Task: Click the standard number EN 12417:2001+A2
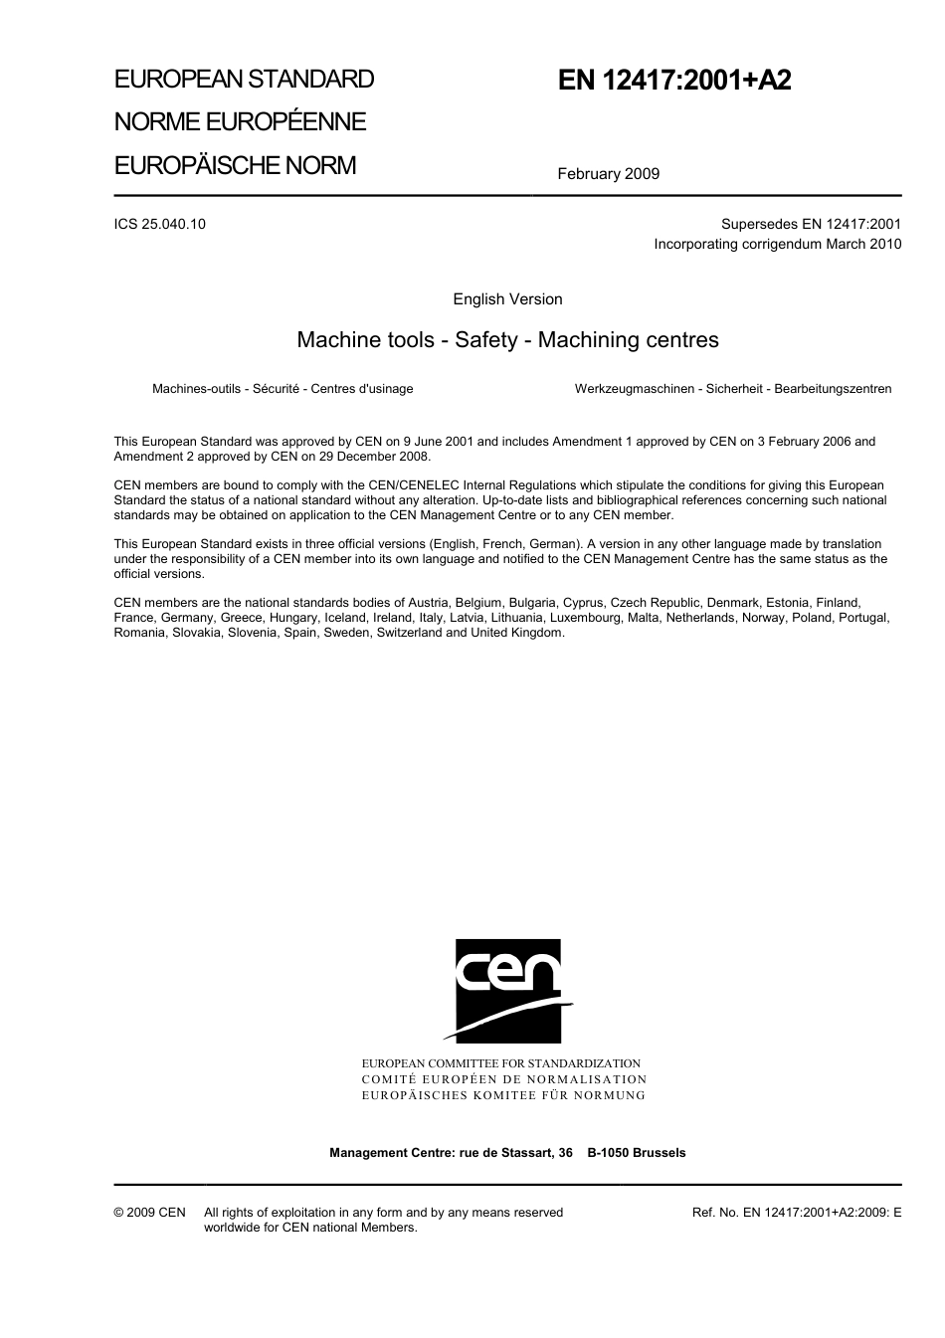[x=674, y=81]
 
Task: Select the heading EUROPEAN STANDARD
[x=244, y=79]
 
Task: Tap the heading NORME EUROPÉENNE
[x=240, y=121]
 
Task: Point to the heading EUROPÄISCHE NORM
[x=235, y=165]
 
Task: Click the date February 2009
[x=608, y=174]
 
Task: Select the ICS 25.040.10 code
[x=160, y=224]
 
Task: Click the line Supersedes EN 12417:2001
[x=811, y=224]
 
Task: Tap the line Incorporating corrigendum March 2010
[x=777, y=244]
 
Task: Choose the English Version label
[x=507, y=299]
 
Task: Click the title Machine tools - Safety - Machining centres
[x=507, y=340]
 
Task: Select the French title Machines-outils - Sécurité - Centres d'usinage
[x=283, y=389]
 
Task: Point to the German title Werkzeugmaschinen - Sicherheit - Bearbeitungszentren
[x=733, y=389]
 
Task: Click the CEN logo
[x=507, y=990]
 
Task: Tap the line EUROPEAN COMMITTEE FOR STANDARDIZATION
[x=501, y=1063]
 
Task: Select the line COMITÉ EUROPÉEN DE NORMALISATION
[x=504, y=1079]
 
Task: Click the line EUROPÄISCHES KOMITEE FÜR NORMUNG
[x=503, y=1095]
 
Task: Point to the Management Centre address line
[x=507, y=1153]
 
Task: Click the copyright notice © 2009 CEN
[x=149, y=1213]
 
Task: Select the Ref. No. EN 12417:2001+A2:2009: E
[x=796, y=1213]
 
